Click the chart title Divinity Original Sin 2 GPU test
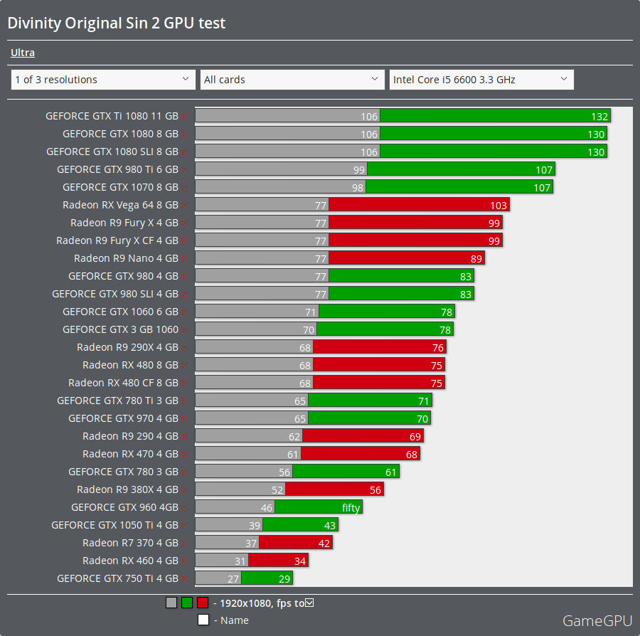[x=116, y=23]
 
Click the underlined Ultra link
[x=23, y=53]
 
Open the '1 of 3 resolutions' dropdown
[x=103, y=80]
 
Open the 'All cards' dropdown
[x=292, y=80]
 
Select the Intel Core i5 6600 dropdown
[x=481, y=80]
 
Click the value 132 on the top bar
[x=599, y=116]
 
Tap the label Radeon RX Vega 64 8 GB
[x=120, y=205]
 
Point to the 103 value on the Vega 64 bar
[x=498, y=206]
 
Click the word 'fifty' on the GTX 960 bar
[x=351, y=508]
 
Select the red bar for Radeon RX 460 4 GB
[x=278, y=561]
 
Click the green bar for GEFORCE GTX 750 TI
[x=267, y=578]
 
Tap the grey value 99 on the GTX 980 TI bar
[x=358, y=170]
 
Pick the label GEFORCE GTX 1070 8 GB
[x=120, y=187]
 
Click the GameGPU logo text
[x=597, y=620]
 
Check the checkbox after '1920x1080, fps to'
[x=309, y=603]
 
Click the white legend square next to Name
[x=203, y=620]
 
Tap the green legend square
[x=187, y=603]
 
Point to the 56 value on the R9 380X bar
[x=375, y=490]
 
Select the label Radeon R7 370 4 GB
[x=130, y=543]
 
